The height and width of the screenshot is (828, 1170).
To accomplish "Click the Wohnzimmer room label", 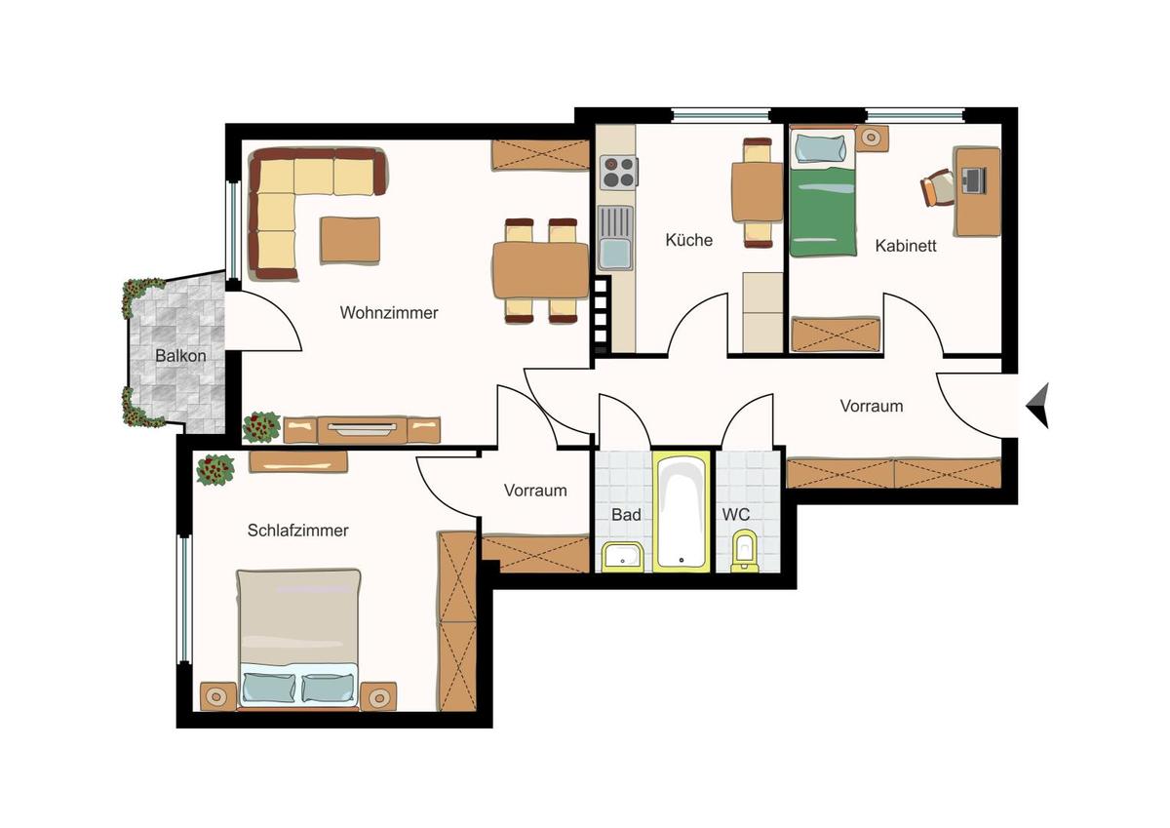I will (x=389, y=313).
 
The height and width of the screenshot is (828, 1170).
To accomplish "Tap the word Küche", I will (x=689, y=240).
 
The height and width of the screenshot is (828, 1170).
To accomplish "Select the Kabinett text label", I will (x=906, y=246).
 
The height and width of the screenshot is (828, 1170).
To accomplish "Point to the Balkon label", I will (x=180, y=355).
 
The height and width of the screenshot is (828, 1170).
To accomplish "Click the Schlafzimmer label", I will (x=297, y=531).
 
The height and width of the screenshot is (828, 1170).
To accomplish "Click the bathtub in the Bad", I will (x=682, y=511).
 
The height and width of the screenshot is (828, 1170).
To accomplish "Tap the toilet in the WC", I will (x=745, y=552).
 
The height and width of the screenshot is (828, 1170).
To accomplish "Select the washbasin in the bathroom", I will (x=621, y=557).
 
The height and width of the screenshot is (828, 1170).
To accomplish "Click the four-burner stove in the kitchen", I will (x=617, y=173).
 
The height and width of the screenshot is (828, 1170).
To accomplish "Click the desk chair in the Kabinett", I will (x=937, y=187).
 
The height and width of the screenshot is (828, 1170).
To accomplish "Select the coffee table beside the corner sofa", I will (x=350, y=239).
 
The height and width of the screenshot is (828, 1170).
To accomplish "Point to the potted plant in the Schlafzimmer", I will (x=215, y=469).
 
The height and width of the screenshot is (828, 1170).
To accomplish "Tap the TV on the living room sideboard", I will (x=362, y=427).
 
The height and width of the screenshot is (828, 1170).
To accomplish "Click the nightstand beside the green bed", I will (x=871, y=138).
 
